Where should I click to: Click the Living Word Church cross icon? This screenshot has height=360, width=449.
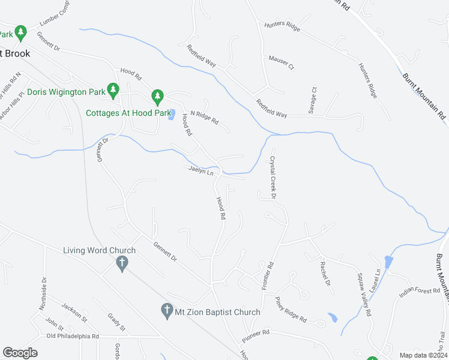122,263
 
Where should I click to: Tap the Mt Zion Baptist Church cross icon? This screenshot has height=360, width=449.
167,310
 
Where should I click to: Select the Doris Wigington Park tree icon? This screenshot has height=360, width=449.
112,91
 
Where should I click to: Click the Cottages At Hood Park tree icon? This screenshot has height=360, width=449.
157,96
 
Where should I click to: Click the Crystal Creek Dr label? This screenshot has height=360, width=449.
273,178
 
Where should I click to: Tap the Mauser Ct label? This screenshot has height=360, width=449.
282,62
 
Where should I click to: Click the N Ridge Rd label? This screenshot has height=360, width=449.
205,116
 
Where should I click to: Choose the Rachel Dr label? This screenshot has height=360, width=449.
325,273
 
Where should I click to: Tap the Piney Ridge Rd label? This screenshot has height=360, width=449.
291,308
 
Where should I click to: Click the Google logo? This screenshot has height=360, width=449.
20,353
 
